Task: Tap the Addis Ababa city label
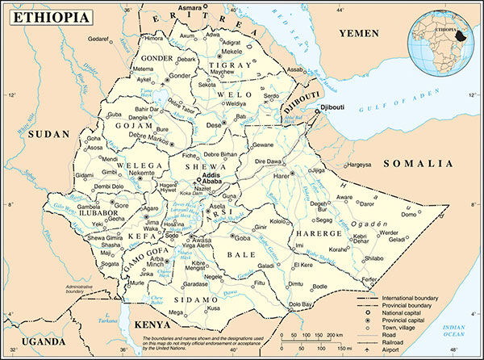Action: [x=211, y=179]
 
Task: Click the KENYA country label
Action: [x=151, y=324]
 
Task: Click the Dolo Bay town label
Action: [x=300, y=303]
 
